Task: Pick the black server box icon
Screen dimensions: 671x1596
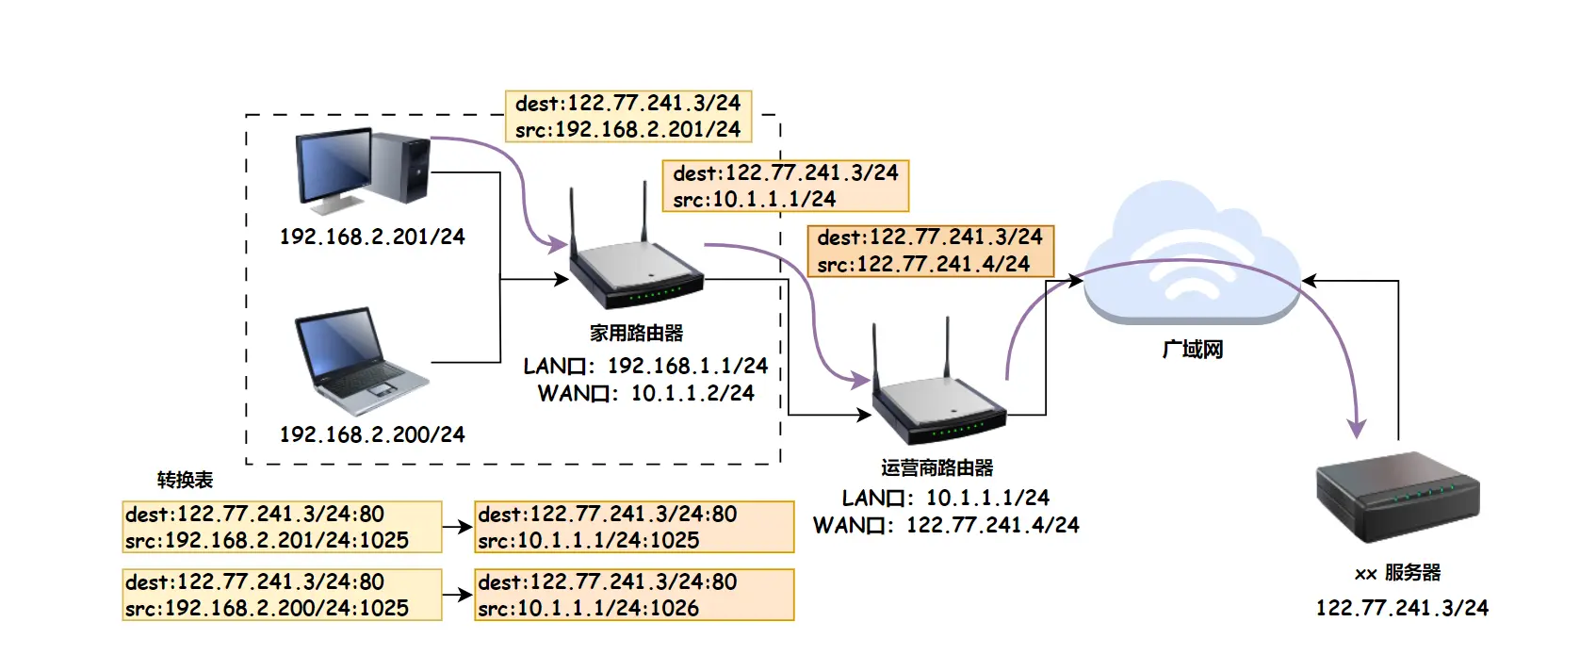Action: (x=1397, y=496)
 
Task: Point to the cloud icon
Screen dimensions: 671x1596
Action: (x=1192, y=259)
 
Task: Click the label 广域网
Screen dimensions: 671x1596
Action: (x=1192, y=350)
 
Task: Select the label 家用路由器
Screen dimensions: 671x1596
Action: (x=636, y=333)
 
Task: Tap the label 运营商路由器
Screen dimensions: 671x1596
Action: (x=936, y=467)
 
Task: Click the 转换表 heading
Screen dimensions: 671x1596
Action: (x=185, y=480)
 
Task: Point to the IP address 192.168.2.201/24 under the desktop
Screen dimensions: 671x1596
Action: (x=372, y=237)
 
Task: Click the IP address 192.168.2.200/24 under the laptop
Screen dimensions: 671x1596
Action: (x=372, y=434)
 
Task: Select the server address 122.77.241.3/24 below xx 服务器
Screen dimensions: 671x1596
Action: (x=1402, y=608)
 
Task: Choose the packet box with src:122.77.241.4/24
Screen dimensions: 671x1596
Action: (x=930, y=251)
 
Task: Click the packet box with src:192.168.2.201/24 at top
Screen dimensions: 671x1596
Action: (x=627, y=116)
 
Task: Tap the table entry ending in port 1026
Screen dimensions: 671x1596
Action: (x=634, y=595)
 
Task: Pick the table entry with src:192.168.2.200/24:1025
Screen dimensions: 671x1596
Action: (x=282, y=595)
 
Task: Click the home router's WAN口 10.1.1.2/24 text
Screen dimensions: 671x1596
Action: (x=645, y=393)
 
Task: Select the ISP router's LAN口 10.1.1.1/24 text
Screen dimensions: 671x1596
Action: (x=945, y=498)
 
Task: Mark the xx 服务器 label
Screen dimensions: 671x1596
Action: (x=1397, y=573)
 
